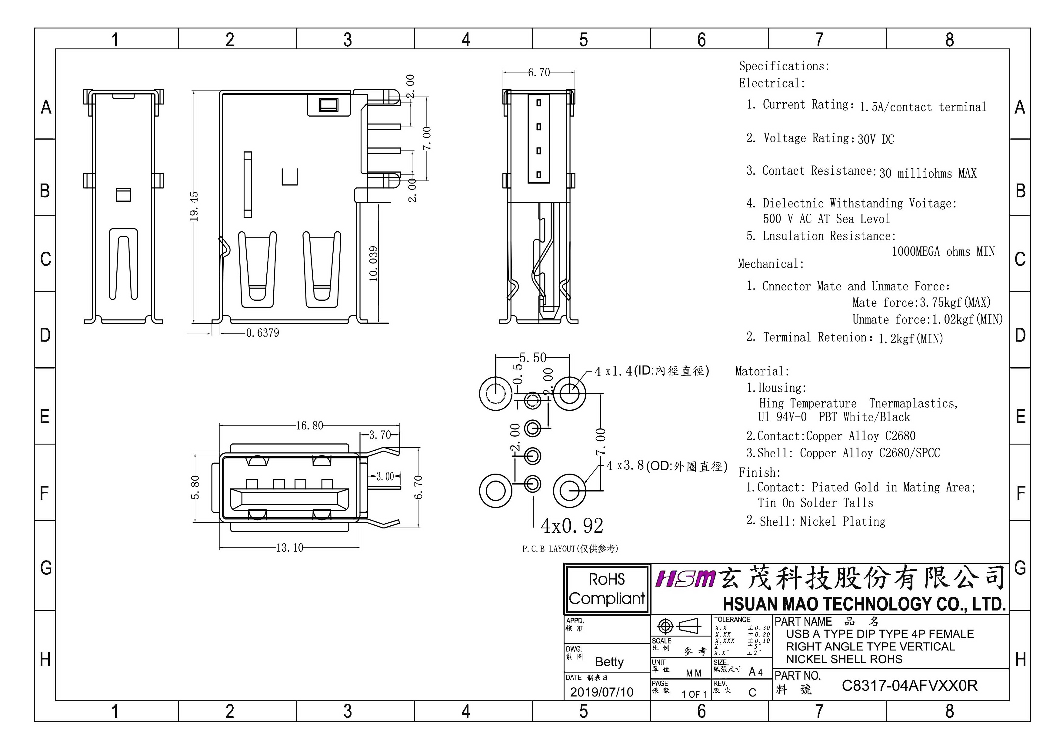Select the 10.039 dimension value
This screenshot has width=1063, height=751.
click(373, 264)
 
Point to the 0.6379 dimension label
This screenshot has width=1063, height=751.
click(262, 333)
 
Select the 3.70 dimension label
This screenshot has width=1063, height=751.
click(380, 435)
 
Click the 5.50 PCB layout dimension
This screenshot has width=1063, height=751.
click(533, 358)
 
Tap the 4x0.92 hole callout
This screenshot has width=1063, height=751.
click(572, 526)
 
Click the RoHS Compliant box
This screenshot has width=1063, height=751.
click(607, 589)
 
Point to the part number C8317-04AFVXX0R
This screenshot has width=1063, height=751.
click(909, 686)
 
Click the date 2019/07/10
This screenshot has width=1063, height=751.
click(601, 692)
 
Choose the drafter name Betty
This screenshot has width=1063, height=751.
click(609, 662)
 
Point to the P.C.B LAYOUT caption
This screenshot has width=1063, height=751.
click(570, 549)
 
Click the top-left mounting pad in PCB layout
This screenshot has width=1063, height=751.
click(495, 394)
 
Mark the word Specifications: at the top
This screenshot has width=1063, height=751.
click(784, 66)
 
